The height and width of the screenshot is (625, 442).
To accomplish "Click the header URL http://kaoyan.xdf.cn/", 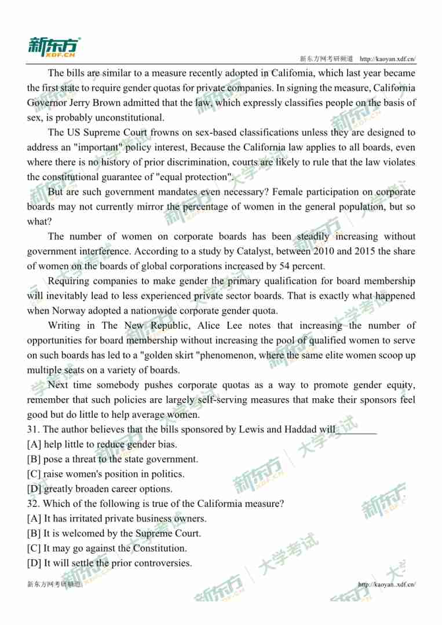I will [x=388, y=59].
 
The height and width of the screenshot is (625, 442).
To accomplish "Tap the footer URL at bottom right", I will [x=387, y=584].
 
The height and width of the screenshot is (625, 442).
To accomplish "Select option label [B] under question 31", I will [x=35, y=459].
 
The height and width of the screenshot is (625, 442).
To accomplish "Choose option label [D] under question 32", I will [x=35, y=563].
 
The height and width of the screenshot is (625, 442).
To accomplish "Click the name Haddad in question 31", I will [x=301, y=429].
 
